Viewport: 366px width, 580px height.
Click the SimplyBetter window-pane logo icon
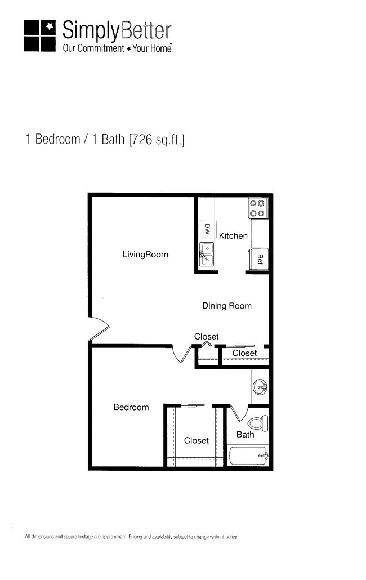(x=40, y=36)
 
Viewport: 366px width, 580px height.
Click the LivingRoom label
(x=145, y=255)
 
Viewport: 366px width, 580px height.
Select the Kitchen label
(x=233, y=235)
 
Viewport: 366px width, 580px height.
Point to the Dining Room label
(x=227, y=306)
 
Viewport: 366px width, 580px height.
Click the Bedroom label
(x=131, y=407)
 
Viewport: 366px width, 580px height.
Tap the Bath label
(x=245, y=434)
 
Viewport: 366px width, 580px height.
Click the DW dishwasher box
(x=207, y=229)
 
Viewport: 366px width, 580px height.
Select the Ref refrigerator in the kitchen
(x=260, y=259)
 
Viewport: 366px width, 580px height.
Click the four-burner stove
(x=258, y=208)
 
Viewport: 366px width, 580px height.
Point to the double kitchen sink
(x=207, y=254)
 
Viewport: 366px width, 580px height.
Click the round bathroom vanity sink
(x=261, y=387)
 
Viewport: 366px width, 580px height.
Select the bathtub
(x=248, y=454)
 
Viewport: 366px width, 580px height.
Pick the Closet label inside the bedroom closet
(x=196, y=440)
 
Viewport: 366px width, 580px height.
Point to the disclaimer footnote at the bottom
(x=131, y=537)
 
